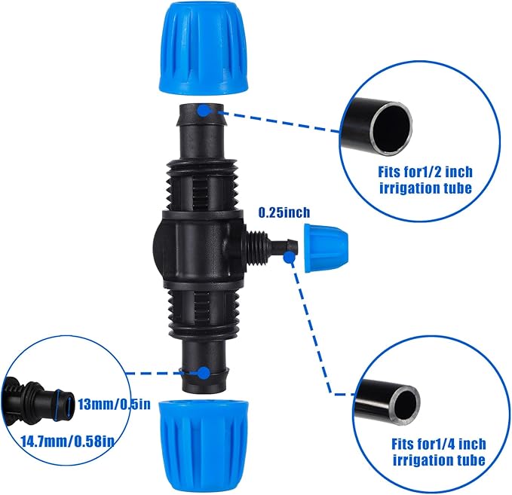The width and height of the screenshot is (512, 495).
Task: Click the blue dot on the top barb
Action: [x=204, y=110]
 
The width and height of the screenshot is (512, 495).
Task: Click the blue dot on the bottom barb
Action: [x=204, y=372]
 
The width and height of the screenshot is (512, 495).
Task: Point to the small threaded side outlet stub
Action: [x=261, y=245]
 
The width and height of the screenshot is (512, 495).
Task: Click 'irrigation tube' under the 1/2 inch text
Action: [x=426, y=188]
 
